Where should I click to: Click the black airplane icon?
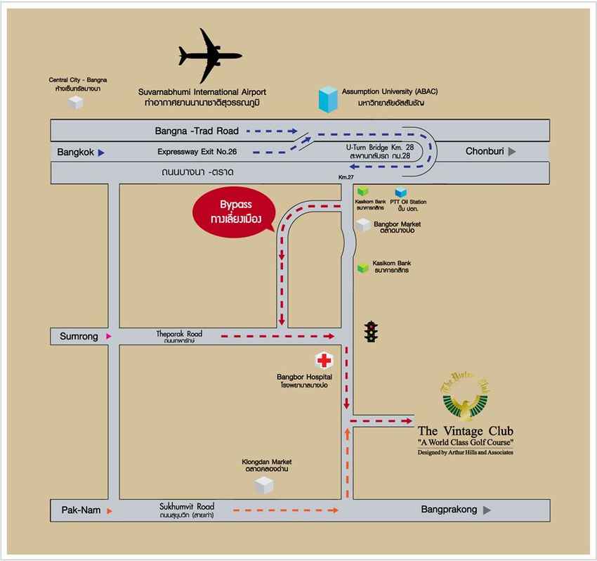click(209, 56)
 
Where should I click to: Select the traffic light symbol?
click(371, 331)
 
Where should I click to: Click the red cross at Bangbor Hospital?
click(324, 361)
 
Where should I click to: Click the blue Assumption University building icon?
click(327, 100)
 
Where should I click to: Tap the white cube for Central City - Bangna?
click(75, 103)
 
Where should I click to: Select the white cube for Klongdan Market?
click(264, 484)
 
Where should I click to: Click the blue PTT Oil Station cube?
click(401, 192)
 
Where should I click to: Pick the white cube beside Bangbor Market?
click(363, 225)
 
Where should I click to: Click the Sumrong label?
click(76, 337)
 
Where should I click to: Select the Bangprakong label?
click(449, 510)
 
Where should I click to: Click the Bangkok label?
click(76, 152)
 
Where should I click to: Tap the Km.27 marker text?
click(346, 177)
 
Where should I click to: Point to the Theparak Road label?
click(179, 334)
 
